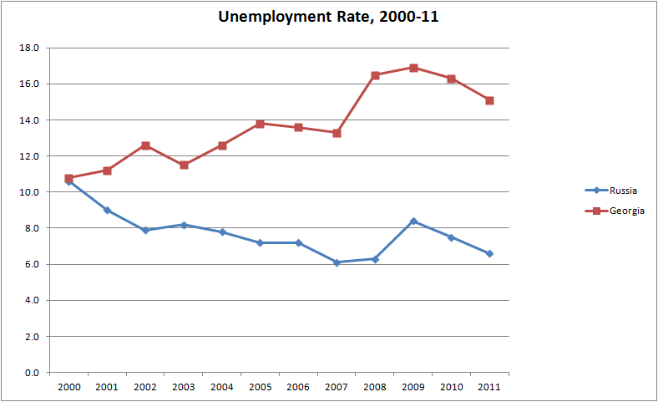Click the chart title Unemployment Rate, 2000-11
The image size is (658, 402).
pyautogui.click(x=328, y=17)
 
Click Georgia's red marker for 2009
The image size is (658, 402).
pyautogui.click(x=413, y=68)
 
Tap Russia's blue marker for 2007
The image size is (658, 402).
pyautogui.click(x=337, y=262)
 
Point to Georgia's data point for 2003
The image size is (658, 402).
pyautogui.click(x=184, y=165)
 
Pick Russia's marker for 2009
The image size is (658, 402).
pyautogui.click(x=413, y=221)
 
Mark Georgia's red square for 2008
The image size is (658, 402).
pyautogui.click(x=375, y=75)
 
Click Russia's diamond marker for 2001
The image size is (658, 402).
pyautogui.click(x=107, y=210)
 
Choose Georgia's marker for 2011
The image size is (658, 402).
pyautogui.click(x=489, y=100)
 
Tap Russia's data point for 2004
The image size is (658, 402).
pyautogui.click(x=222, y=232)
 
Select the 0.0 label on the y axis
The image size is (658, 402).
pyautogui.click(x=31, y=373)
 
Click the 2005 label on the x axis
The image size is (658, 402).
pyautogui.click(x=260, y=387)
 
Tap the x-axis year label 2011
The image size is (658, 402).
pyautogui.click(x=489, y=387)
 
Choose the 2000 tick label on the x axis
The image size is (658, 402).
pyautogui.click(x=68, y=387)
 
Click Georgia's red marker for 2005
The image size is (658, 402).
pyautogui.click(x=260, y=124)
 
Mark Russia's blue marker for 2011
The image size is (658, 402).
pyautogui.click(x=489, y=253)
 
